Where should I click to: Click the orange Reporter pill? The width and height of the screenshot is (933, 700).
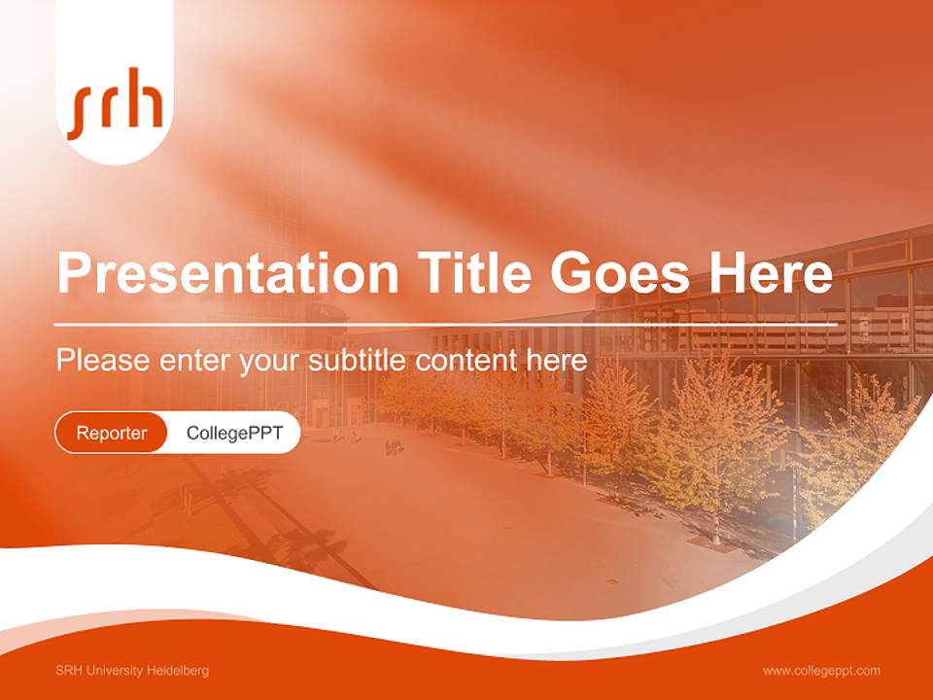pos(112,433)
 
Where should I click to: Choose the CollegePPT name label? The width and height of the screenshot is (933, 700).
pos(234,433)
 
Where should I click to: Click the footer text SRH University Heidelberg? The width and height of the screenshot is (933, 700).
pos(132,671)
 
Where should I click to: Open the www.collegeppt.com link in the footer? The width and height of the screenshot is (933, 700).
pos(821,671)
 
